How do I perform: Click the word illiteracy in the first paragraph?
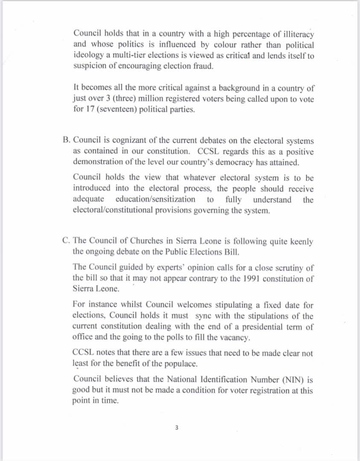(294, 33)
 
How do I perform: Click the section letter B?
(65, 140)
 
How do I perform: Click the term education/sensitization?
(155, 199)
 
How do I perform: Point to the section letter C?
(65, 241)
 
